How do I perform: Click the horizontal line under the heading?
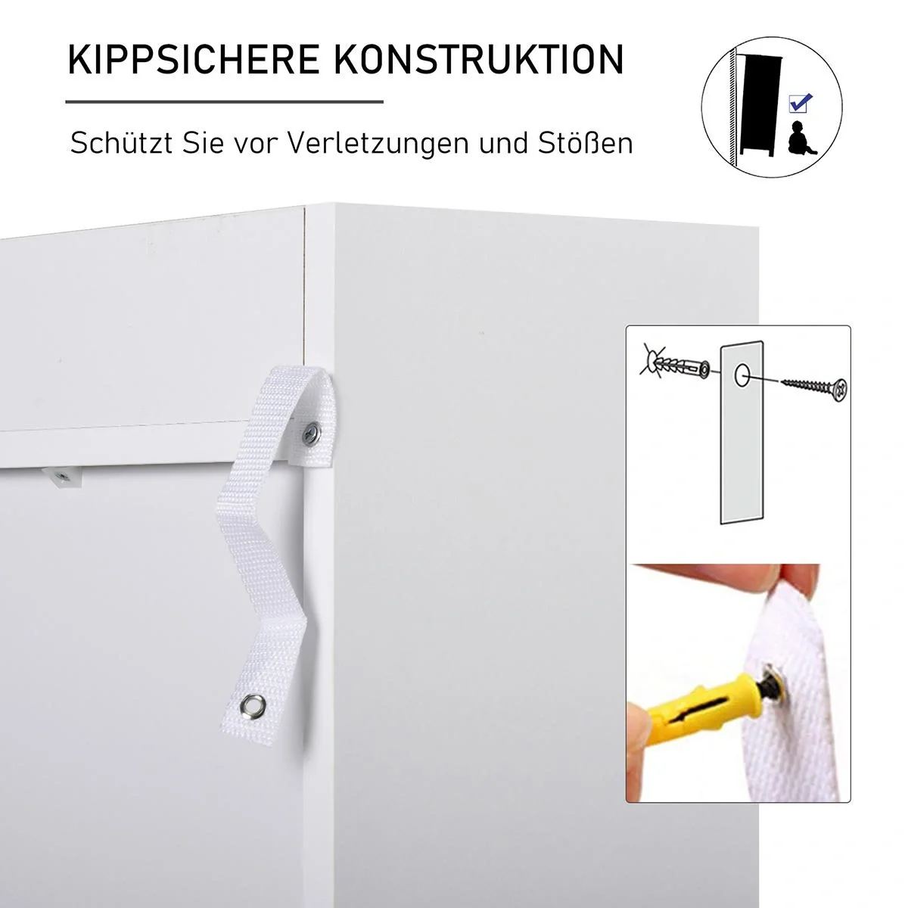coord(224,101)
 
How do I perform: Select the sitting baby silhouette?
coord(798,138)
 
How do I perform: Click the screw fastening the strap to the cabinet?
coord(311,434)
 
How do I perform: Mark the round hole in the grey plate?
coord(742,372)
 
